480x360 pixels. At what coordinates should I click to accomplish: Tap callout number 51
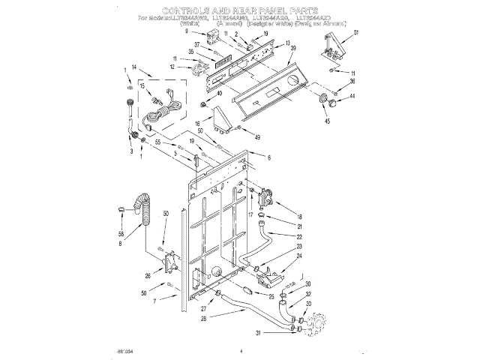point(357,32)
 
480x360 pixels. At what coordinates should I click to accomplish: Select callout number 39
point(293,48)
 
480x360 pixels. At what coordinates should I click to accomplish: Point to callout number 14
point(133,67)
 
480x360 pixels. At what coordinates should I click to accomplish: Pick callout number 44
point(352,97)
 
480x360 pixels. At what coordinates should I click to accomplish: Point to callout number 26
point(148,276)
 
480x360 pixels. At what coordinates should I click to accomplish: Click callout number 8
point(120,243)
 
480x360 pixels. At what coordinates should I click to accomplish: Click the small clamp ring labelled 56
point(121,209)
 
